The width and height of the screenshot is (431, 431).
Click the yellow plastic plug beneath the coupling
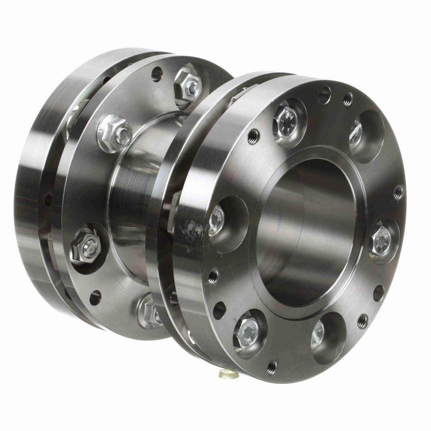tap(229, 374)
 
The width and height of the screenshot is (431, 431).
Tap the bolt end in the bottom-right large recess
tap(318, 334)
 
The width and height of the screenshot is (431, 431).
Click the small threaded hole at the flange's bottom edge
tap(272, 367)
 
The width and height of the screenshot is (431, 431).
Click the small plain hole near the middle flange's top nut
tap(157, 74)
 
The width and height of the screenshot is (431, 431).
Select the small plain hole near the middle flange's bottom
tap(95, 297)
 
